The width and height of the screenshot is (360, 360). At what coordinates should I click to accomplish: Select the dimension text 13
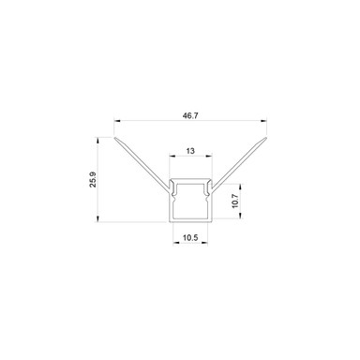tap(189, 149)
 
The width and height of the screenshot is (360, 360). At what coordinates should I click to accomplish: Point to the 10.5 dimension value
tap(189, 238)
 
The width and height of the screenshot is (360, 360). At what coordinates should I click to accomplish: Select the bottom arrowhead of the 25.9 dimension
tap(101, 221)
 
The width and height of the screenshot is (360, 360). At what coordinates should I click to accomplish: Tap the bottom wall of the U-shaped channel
tap(189, 221)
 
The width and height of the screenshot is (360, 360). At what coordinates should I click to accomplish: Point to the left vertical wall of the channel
tap(171, 202)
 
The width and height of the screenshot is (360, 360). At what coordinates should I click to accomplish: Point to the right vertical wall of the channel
tap(210, 202)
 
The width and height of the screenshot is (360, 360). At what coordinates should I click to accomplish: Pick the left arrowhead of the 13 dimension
tap(171, 157)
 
